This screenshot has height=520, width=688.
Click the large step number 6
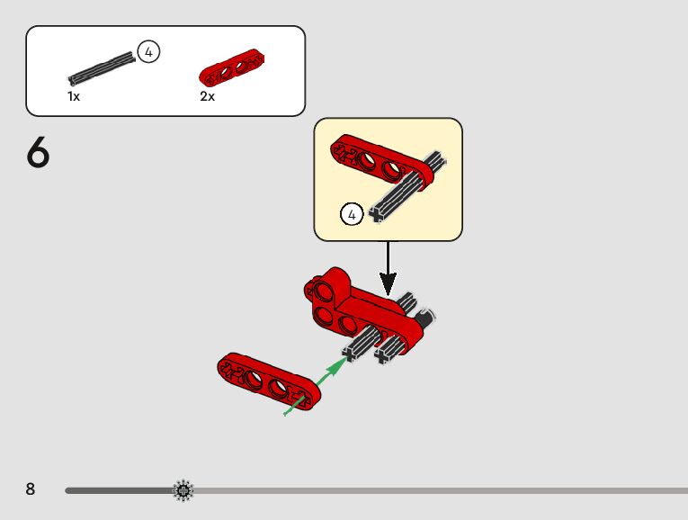38,153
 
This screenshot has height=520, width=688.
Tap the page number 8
31,489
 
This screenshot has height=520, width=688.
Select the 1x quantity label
74,96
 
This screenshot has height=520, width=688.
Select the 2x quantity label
207,96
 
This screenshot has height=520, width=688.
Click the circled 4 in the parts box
148,52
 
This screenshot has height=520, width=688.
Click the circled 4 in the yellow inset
352,214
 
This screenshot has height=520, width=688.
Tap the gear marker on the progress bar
183,490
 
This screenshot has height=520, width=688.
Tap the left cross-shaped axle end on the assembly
350,355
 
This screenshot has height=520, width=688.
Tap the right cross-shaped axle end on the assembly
384,356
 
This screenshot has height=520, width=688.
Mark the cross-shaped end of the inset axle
377,213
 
